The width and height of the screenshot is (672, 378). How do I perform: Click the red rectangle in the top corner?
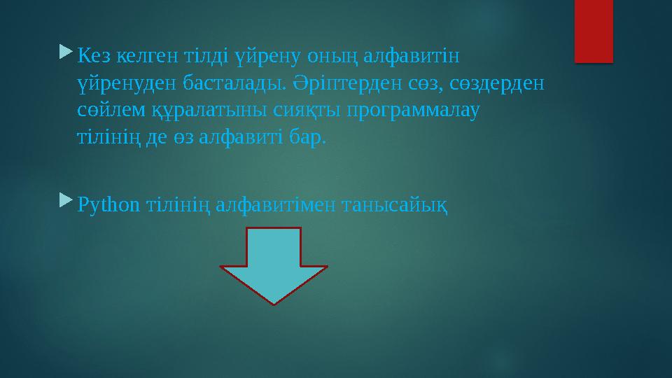pyautogui.click(x=594, y=31)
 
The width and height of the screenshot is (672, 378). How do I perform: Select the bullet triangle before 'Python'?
pyautogui.click(x=66, y=201)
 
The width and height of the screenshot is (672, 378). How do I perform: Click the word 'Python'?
pyautogui.click(x=108, y=206)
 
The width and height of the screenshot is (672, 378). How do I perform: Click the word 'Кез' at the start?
pyautogui.click(x=92, y=55)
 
